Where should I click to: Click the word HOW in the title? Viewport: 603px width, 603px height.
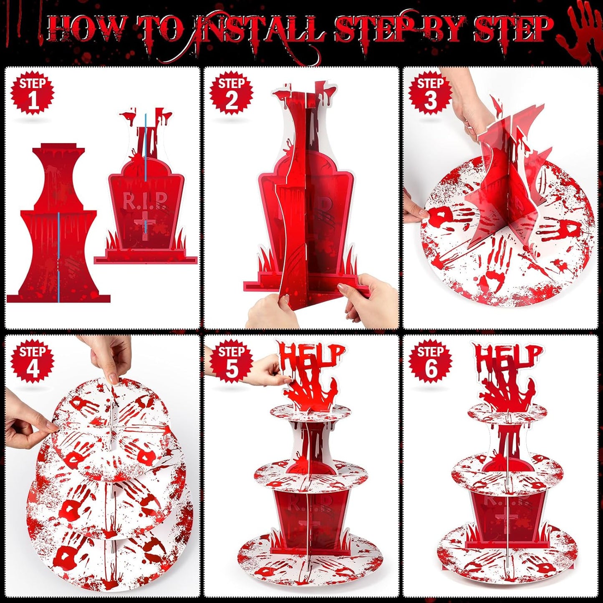click(x=86, y=30)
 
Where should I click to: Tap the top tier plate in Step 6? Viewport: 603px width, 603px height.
click(x=507, y=413)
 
